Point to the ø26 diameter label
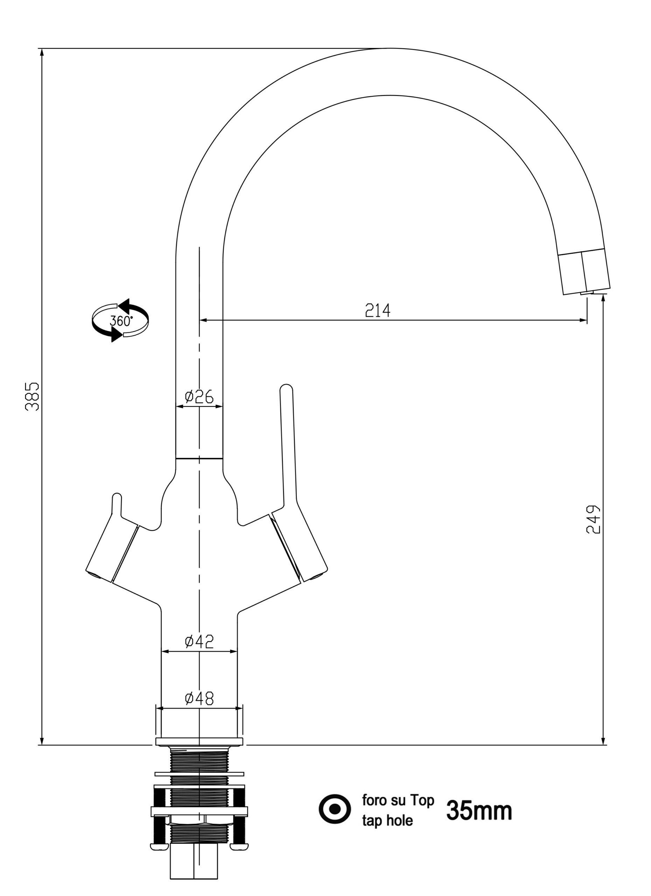coord(199,396)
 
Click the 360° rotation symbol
coord(120,320)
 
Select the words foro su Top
coord(398,800)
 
